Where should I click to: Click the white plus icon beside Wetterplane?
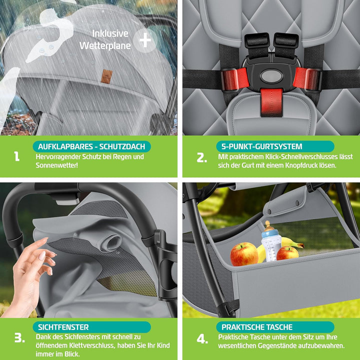[145, 40]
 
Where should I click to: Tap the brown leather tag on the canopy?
[106, 76]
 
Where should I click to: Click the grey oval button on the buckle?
[271, 76]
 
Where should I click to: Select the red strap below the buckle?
[271, 102]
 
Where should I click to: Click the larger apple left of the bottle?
[244, 254]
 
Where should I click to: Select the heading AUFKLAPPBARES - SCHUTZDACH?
[91, 146]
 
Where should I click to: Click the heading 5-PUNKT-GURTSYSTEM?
[261, 146]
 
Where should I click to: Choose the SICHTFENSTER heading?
[63, 327]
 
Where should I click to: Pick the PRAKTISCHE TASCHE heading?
[257, 327]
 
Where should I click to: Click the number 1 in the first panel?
[17, 156]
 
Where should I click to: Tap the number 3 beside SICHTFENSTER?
[19, 337]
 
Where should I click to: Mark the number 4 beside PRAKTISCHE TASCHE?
[202, 339]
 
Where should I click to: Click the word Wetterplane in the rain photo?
[105, 45]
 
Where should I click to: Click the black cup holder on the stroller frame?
[166, 264]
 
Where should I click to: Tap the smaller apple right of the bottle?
[287, 253]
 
